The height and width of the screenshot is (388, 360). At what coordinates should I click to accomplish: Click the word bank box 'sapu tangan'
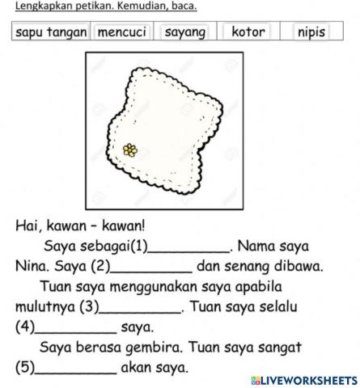pos(51,32)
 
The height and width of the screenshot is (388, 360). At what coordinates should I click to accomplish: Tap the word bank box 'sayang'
pos(185,32)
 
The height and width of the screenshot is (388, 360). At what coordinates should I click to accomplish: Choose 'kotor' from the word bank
pos(248,32)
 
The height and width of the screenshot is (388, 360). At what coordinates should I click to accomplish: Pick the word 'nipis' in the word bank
pos(311,32)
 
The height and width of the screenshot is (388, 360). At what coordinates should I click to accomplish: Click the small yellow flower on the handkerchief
pos(129,150)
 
